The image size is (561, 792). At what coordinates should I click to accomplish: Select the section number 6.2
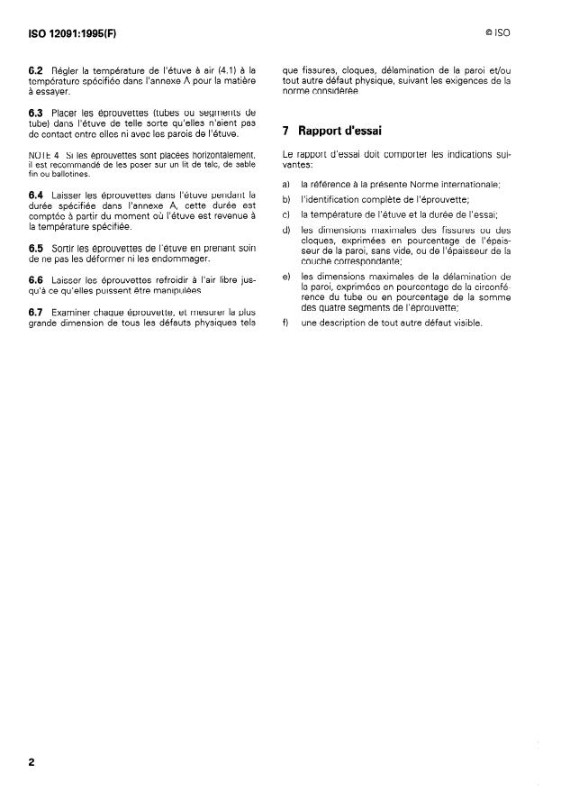(37, 68)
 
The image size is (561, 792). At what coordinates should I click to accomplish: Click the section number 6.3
(37, 111)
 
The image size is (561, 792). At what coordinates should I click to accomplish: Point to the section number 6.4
(37, 194)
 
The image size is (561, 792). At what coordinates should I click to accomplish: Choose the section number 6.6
(37, 279)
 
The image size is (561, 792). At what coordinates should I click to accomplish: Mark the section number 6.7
(37, 312)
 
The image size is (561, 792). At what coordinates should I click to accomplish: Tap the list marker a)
(286, 184)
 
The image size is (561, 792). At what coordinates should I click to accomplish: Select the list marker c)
(286, 214)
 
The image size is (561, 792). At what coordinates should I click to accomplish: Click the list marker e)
(286, 276)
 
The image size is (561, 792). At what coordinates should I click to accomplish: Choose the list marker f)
(285, 323)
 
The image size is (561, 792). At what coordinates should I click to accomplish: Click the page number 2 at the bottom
(32, 761)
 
